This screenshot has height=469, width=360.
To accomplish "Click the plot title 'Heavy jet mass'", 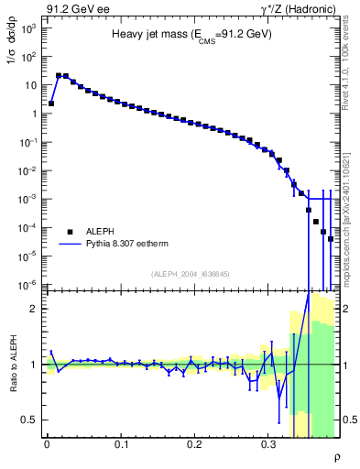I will [191, 34].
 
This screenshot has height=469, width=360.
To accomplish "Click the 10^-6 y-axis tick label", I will [27, 285].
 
